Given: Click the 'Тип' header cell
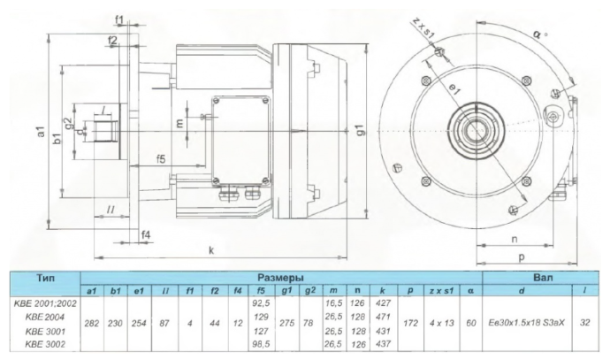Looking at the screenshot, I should tap(45, 276).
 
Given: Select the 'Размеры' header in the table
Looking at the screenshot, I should tap(281, 276).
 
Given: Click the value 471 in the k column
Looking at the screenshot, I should tap(382, 314).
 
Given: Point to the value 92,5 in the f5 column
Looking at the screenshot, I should tap(260, 302).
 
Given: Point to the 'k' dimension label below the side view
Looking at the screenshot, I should tap(211, 250).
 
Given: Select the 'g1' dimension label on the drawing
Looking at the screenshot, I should tap(360, 132).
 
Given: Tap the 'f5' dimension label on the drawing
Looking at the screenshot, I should tap(162, 159).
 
